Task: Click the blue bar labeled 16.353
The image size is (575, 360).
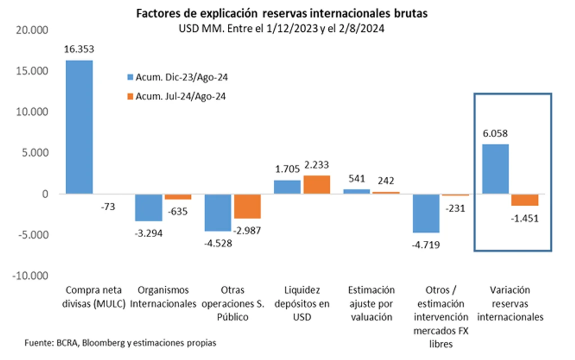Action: coord(79,127)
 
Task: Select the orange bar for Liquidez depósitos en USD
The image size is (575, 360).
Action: coord(317,185)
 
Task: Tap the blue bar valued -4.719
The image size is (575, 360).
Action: coord(426,213)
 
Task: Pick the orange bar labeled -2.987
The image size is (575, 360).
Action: coord(248,206)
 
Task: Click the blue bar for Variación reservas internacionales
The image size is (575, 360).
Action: coord(495,169)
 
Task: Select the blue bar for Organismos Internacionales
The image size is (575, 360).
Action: coord(149,207)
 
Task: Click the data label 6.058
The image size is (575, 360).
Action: coord(495,134)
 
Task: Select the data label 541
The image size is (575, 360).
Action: coord(357,179)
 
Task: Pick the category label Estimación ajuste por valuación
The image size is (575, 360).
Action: coord(371,303)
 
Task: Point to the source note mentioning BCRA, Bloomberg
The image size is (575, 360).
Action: coord(120,342)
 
